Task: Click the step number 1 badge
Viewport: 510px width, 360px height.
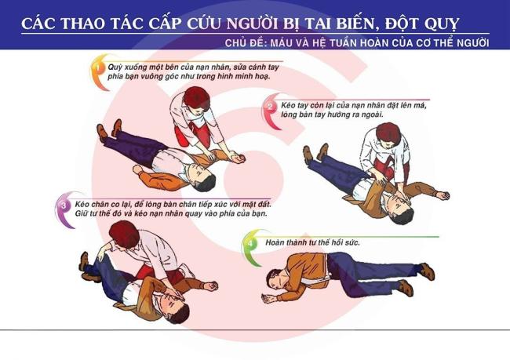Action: [97, 67]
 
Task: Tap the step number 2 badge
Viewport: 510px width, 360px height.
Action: [270, 107]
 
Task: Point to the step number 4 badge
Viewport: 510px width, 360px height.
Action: [250, 242]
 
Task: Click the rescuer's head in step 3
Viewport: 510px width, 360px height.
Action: [125, 234]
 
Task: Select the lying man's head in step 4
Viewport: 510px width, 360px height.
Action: [274, 279]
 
